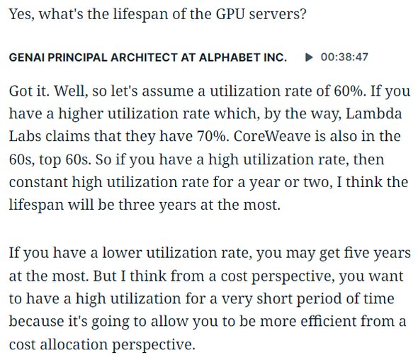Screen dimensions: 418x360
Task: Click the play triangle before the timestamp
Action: point(309,57)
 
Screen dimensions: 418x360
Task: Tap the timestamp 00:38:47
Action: point(344,57)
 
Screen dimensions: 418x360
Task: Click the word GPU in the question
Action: point(230,14)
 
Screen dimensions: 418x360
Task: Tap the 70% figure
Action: point(213,136)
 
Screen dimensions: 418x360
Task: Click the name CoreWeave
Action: point(272,136)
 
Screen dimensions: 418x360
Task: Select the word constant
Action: point(38,182)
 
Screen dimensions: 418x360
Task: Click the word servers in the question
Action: point(278,14)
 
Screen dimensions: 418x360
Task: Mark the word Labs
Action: point(25,136)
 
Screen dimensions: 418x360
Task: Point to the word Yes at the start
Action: point(21,14)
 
